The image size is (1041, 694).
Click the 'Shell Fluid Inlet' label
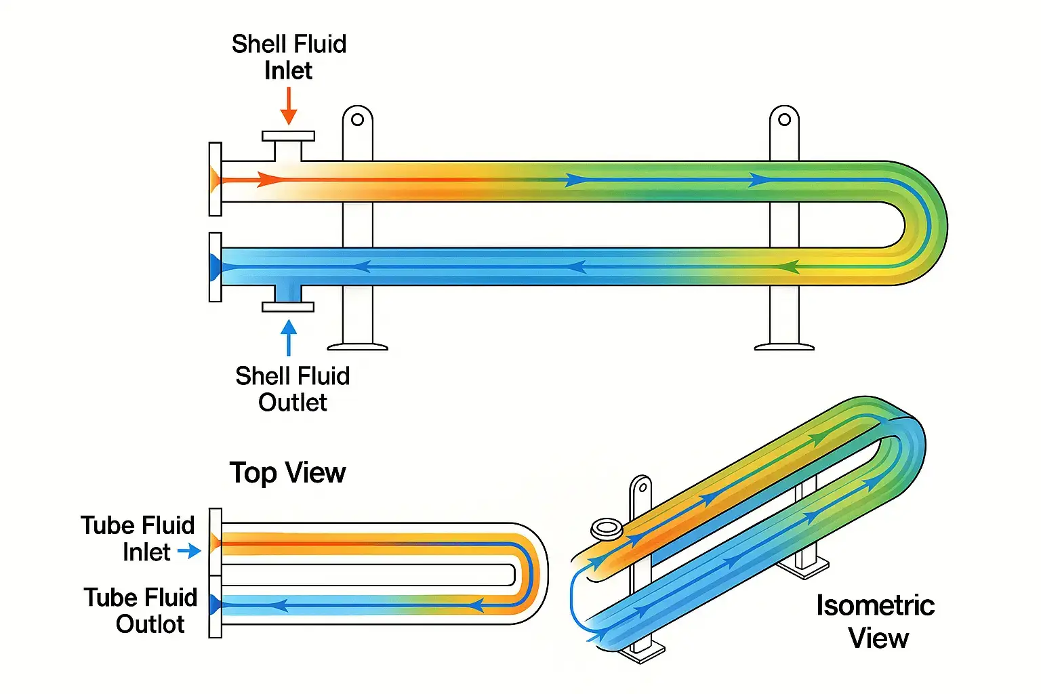click(289, 57)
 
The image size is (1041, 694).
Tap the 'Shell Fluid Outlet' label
click(292, 388)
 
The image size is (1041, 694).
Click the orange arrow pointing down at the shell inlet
click(289, 106)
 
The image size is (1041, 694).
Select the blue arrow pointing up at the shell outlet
click(289, 337)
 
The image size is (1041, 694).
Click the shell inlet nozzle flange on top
click(289, 136)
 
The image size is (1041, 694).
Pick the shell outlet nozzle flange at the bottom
click(288, 306)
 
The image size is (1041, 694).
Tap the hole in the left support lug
click(358, 120)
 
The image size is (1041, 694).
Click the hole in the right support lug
click(784, 120)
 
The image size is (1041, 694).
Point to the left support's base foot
click(358, 347)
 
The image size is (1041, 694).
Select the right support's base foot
click(784, 347)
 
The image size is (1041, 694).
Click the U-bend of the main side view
click(925, 224)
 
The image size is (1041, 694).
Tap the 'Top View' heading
click(287, 472)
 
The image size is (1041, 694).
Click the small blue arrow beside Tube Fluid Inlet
click(189, 552)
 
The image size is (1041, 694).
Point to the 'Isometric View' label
click(876, 621)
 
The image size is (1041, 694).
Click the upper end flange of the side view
click(216, 179)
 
